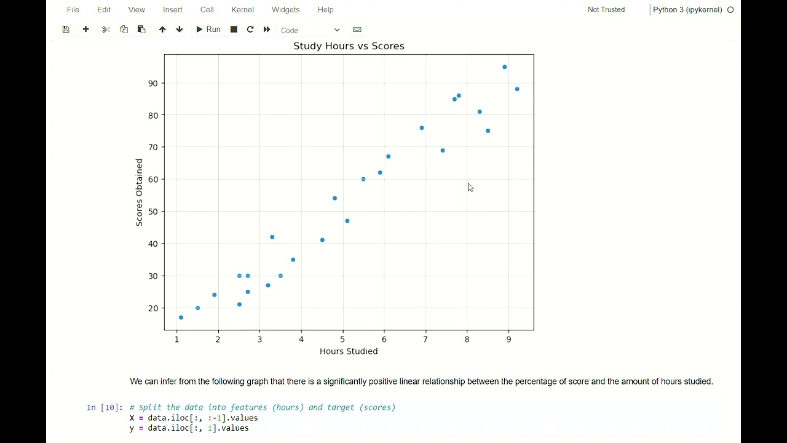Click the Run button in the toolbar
click(x=208, y=30)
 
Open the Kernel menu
click(x=243, y=10)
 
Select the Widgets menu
click(x=285, y=10)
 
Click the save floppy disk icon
click(x=66, y=30)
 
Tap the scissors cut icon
click(x=106, y=30)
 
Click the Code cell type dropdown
click(x=310, y=30)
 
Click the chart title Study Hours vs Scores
click(x=349, y=46)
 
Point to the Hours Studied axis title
click(x=349, y=351)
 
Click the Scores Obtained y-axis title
click(x=140, y=193)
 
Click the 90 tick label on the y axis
click(x=152, y=84)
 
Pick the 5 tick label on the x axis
click(x=342, y=340)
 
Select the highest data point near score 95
click(x=505, y=67)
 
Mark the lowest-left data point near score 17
click(x=181, y=317)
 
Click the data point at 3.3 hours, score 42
click(x=272, y=237)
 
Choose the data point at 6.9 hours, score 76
click(x=422, y=128)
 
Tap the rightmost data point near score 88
click(x=517, y=89)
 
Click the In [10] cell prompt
click(x=105, y=407)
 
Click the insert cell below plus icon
click(x=85, y=30)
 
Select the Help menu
click(x=325, y=10)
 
